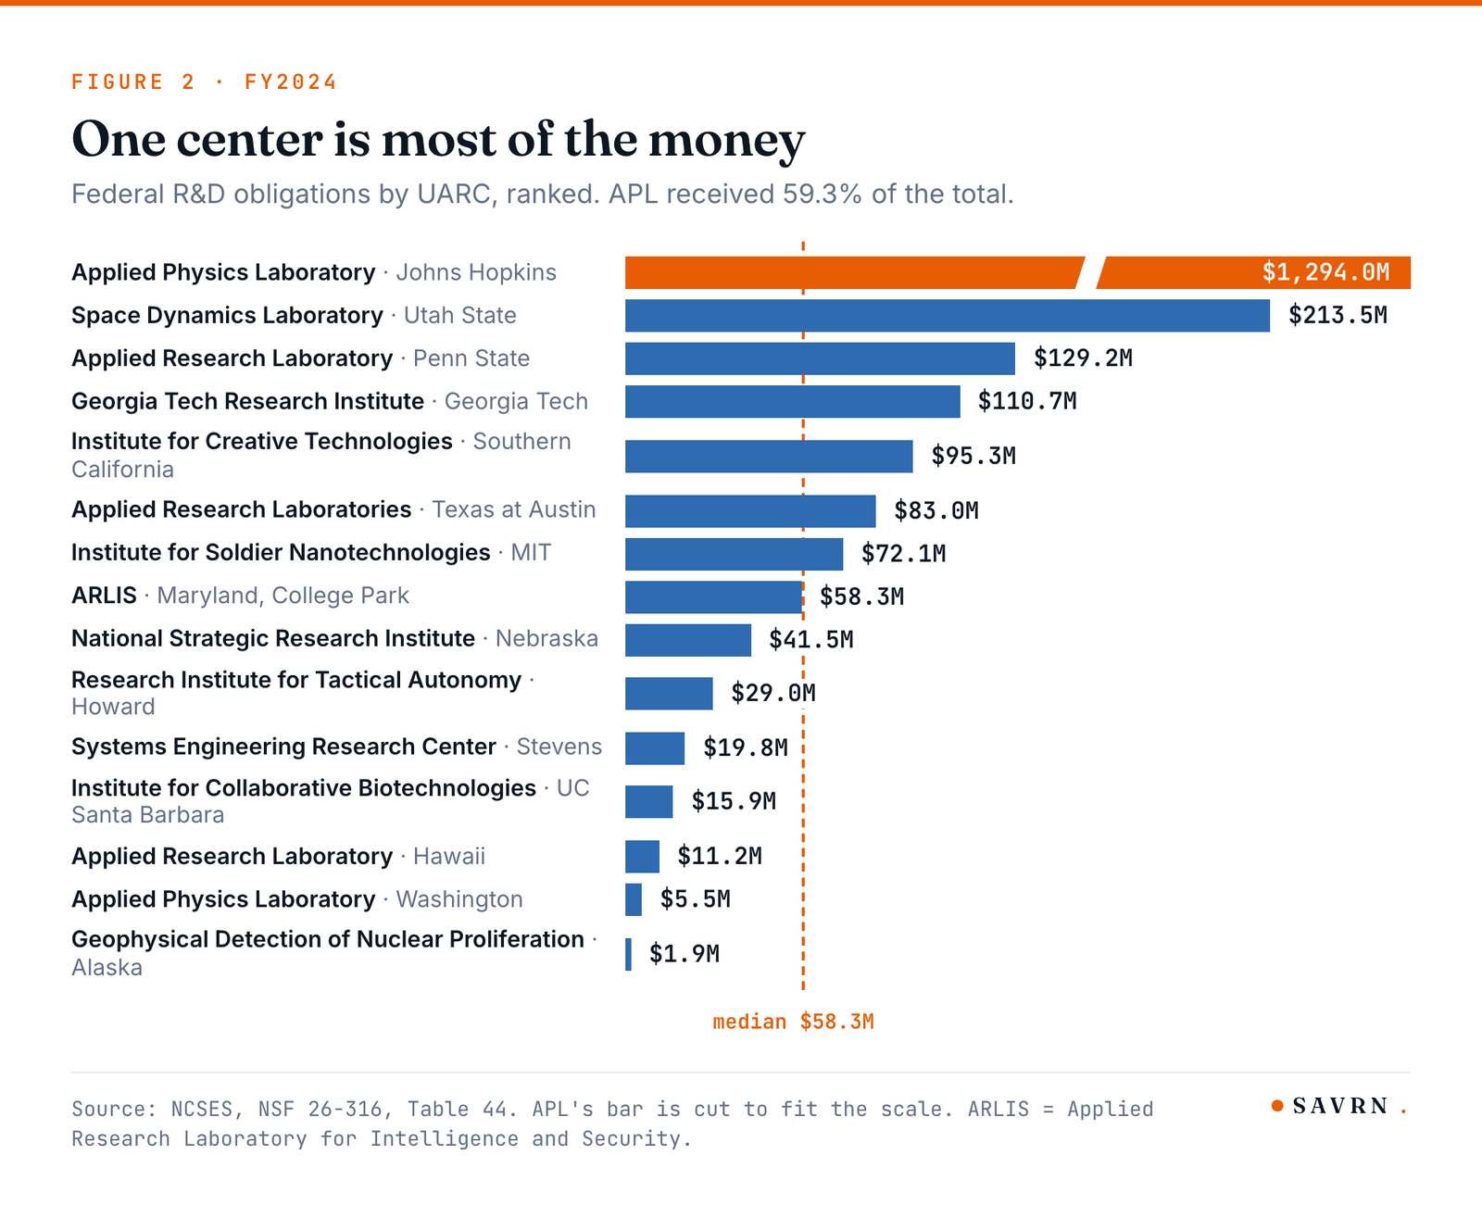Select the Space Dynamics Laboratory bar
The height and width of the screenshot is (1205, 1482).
(947, 316)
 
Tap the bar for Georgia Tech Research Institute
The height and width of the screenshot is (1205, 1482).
(793, 401)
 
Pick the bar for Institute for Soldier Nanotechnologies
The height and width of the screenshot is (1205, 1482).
(734, 554)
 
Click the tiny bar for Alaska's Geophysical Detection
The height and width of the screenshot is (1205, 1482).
(628, 954)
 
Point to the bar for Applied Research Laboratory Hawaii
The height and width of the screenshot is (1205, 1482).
(642, 857)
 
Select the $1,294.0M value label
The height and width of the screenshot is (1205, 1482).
(1326, 272)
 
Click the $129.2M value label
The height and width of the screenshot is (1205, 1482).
(1084, 358)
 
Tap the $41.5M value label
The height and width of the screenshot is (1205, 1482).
(811, 639)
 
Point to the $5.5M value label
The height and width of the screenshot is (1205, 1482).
(696, 898)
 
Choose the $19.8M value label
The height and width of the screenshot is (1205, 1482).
(746, 747)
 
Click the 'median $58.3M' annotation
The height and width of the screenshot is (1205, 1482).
(793, 1022)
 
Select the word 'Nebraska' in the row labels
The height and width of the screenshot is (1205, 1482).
(546, 639)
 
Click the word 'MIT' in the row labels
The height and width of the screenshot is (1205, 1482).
(531, 552)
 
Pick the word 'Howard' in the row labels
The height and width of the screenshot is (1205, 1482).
(113, 707)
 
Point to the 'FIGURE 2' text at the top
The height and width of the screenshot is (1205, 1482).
(133, 82)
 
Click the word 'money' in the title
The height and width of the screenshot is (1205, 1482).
(727, 141)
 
